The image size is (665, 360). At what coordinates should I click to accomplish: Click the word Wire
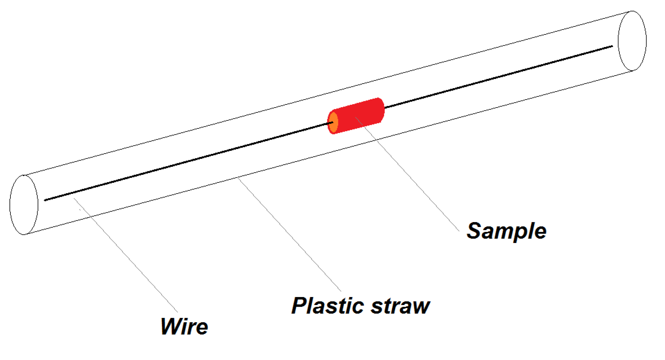pos(184,327)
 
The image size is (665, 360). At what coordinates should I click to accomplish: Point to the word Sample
pos(506,231)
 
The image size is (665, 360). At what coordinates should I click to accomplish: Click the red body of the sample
pos(360,115)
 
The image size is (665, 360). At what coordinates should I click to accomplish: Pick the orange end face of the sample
pos(333,123)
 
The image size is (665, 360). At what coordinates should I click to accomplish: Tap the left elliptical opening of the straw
pos(24,205)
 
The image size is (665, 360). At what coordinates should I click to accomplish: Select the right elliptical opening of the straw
pos(632,41)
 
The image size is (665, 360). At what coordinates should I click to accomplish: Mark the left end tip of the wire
pos(45,200)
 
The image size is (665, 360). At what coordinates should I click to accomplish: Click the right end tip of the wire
pos(612,46)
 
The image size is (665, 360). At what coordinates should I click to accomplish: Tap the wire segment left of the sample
pos(188,161)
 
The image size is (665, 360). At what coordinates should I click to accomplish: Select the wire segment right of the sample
pos(498,77)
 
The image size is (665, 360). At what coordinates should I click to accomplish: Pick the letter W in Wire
pos(170,327)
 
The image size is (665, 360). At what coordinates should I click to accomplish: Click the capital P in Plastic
pos(299,306)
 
